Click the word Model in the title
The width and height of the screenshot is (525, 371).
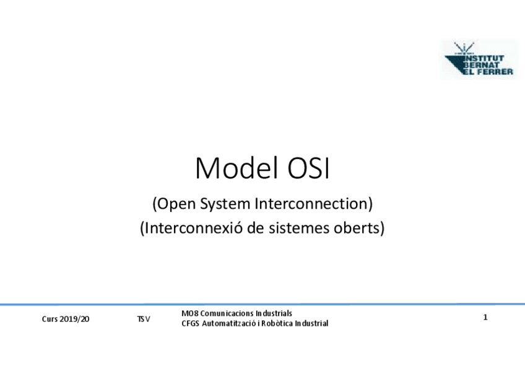236,168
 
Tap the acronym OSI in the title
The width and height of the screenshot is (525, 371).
308,168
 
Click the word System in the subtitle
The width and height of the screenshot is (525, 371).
225,204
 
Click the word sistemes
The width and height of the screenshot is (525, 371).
298,228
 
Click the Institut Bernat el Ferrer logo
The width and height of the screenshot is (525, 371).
479,59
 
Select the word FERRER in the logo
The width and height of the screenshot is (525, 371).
493,71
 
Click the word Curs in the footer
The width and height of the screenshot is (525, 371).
50,319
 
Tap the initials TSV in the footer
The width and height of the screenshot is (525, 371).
143,319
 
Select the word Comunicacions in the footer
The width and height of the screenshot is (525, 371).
227,313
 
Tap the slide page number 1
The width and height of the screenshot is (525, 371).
485,317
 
